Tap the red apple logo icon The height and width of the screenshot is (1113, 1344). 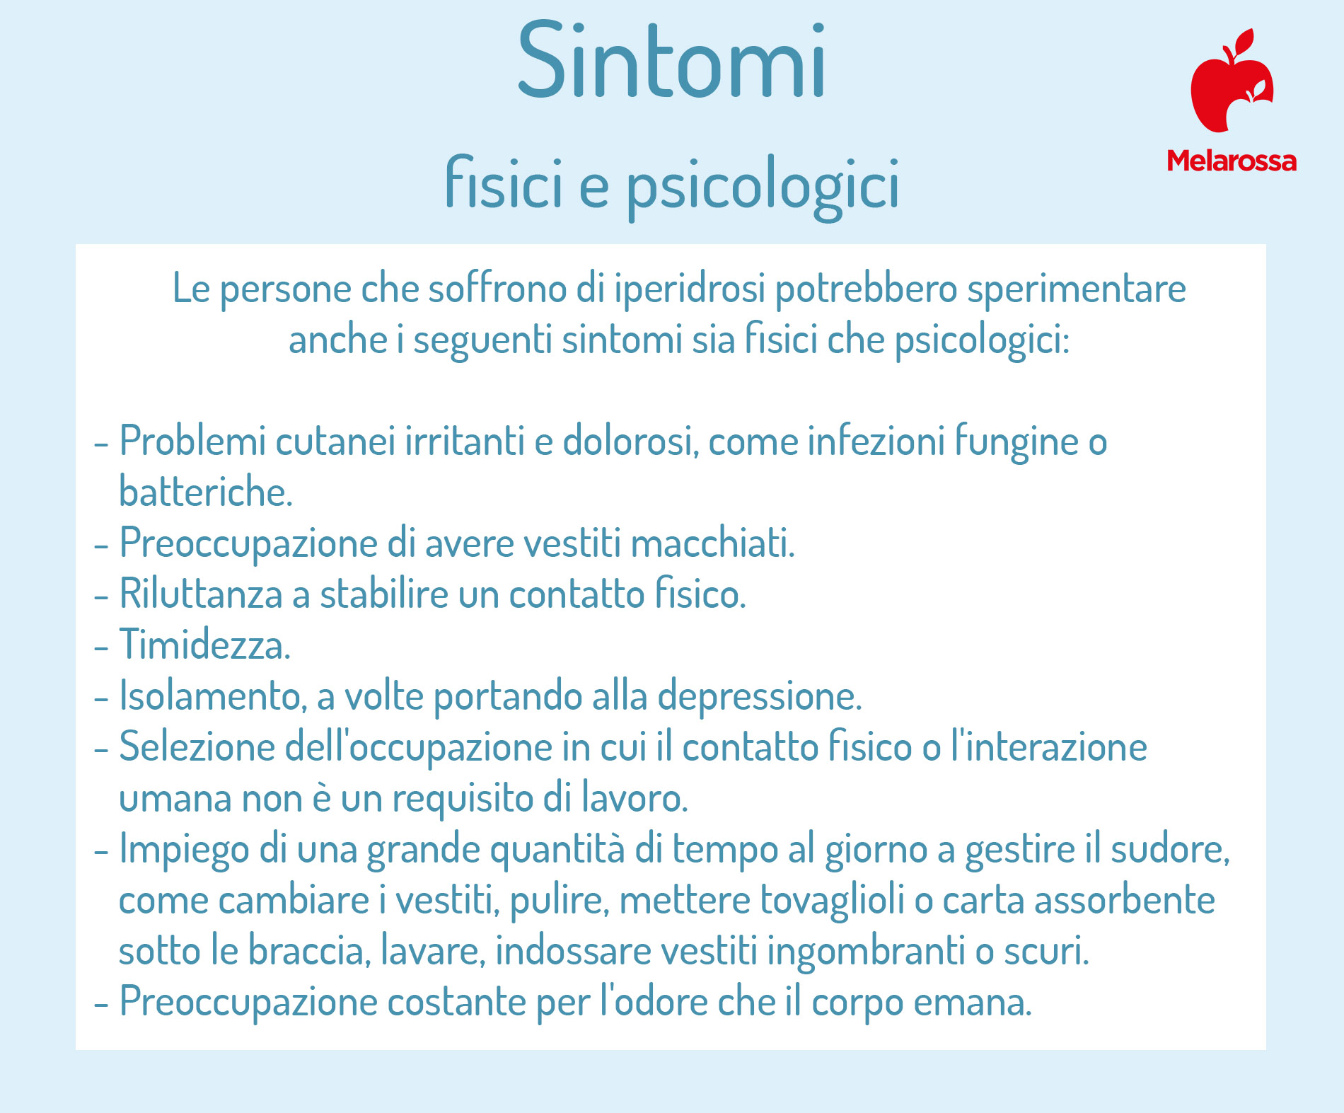pyautogui.click(x=1232, y=81)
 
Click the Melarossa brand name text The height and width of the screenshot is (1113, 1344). pyautogui.click(x=1232, y=161)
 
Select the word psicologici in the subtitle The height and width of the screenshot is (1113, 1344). pyautogui.click(x=763, y=186)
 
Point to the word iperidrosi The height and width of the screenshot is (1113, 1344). pyautogui.click(x=690, y=289)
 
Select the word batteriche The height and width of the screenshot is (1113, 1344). pyautogui.click(x=205, y=491)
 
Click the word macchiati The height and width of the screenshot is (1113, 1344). pyautogui.click(x=712, y=543)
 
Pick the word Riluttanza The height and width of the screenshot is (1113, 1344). pyautogui.click(x=201, y=593)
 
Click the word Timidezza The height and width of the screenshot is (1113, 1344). pyautogui.click(x=204, y=645)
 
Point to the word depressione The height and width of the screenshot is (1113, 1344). pyautogui.click(x=760, y=697)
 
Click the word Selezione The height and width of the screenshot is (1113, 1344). pyautogui.click(x=197, y=746)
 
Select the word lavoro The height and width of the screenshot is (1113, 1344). pyautogui.click(x=635, y=797)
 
